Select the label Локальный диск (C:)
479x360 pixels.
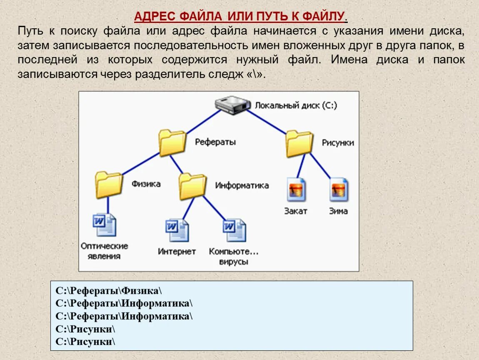click(296, 105)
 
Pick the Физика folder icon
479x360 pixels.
click(109, 184)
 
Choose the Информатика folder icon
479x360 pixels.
click(192, 186)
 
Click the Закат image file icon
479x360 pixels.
click(296, 190)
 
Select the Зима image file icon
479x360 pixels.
click(339, 190)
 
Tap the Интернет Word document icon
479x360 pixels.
click(177, 230)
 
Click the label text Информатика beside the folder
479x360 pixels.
click(242, 185)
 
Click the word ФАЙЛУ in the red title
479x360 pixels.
click(323, 17)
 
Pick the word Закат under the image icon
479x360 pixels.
click(296, 211)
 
